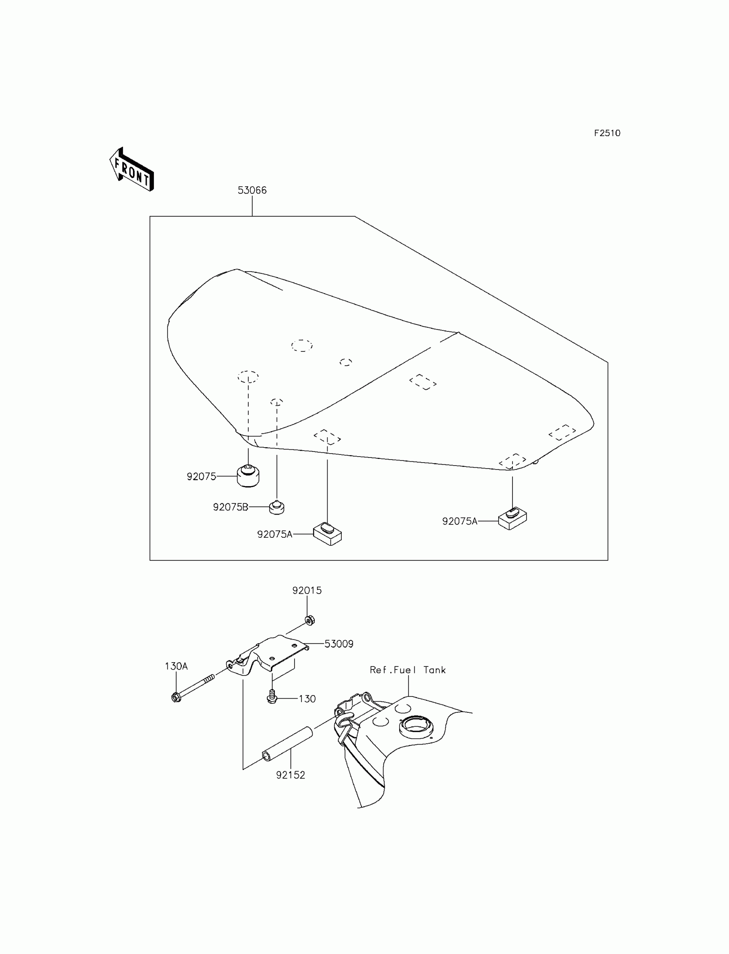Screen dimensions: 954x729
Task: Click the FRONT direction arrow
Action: pos(131,170)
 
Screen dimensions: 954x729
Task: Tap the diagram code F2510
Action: pos(607,133)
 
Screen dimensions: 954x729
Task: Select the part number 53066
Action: pos(252,190)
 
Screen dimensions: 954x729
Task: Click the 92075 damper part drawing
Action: pos(248,476)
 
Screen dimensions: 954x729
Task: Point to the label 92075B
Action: pos(230,507)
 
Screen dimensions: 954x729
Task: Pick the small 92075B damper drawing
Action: pos(277,507)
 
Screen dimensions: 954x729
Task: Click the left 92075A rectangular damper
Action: pos(328,534)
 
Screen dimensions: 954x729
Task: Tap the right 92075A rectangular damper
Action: pos(512,518)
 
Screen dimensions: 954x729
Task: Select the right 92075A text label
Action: pos(460,521)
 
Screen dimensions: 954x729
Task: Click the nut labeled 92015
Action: pos(309,620)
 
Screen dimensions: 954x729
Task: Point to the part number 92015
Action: pos(307,591)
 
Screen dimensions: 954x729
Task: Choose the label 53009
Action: pos(339,644)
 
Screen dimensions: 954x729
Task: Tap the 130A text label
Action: pos(176,666)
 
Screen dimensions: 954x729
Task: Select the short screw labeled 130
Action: pos(272,697)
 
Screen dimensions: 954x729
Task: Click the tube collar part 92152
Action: pos(287,744)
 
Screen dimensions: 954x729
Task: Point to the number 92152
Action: pos(290,775)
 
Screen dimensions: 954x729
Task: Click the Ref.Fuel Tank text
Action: pos(407,670)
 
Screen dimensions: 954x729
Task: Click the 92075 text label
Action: pos(202,477)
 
